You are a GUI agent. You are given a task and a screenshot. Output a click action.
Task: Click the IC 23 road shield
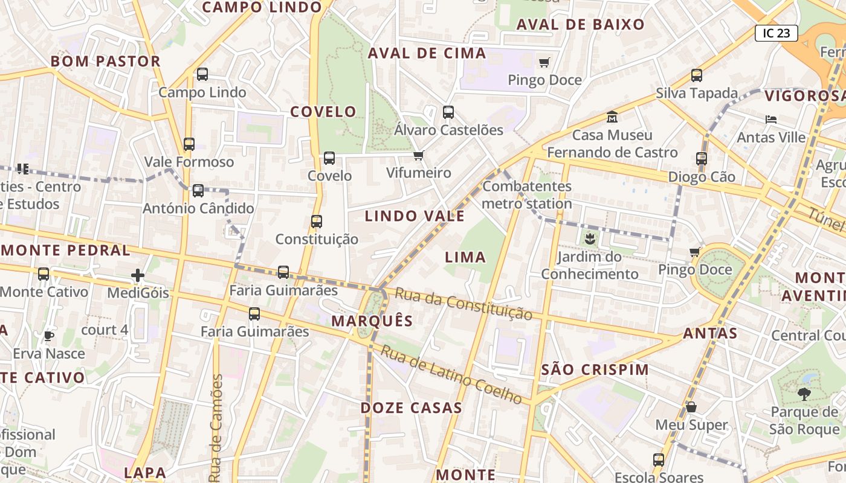(x=777, y=33)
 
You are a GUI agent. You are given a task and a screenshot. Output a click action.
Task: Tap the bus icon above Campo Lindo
(x=202, y=74)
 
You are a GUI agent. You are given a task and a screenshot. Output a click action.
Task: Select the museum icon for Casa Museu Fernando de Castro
(x=612, y=117)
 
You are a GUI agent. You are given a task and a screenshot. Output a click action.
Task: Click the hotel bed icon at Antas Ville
(x=770, y=119)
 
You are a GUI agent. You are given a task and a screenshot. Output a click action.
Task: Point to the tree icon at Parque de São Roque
(x=804, y=394)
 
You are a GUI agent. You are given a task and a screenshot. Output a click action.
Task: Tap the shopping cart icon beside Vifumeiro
(x=419, y=155)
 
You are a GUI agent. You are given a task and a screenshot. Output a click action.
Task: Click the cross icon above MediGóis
(x=138, y=275)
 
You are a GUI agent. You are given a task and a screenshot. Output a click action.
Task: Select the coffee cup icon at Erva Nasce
(x=49, y=336)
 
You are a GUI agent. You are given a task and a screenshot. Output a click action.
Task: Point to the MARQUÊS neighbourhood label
(x=372, y=321)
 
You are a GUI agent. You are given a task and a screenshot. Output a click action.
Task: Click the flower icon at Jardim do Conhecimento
(x=589, y=238)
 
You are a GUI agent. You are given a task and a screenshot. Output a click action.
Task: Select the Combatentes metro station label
(x=527, y=194)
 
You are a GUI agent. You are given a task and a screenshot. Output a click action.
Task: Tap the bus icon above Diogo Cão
(x=701, y=159)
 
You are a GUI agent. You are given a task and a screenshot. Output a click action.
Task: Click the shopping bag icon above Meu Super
(x=691, y=407)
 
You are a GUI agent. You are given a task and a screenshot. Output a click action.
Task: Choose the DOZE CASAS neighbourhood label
(x=412, y=408)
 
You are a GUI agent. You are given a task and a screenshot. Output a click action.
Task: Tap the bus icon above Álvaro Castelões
(x=448, y=112)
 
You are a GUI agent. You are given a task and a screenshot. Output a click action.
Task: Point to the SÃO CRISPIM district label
(x=595, y=369)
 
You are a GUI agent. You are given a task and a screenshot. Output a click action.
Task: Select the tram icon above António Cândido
(x=198, y=191)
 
